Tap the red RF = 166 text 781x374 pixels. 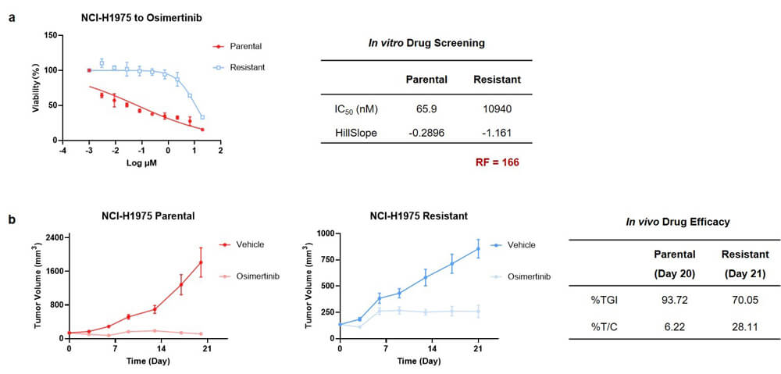tap(497, 162)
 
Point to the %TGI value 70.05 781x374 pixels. tap(740, 298)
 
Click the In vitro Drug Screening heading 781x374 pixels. tap(426, 43)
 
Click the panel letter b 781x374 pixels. tap(12, 221)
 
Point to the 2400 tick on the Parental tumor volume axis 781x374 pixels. tap(54, 237)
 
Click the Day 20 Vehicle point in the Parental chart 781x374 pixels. tap(201, 262)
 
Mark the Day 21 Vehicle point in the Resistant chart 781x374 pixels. tap(478, 249)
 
